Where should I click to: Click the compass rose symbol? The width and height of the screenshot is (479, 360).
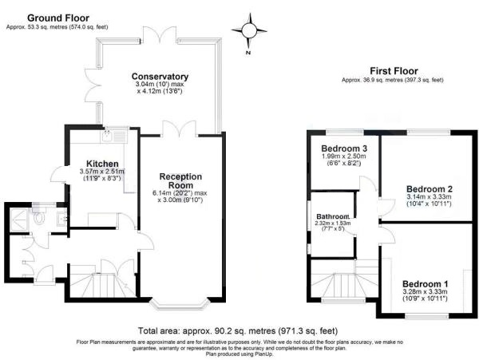249,30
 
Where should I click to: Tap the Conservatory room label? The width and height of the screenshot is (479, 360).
160,77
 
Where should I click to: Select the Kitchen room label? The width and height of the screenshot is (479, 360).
102,164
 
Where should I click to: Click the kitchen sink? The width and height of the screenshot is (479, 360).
114,135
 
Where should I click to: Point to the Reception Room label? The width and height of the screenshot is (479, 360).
180,180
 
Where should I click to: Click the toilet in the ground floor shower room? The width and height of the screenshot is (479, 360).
39,216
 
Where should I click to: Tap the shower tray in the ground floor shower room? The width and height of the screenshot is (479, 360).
19,220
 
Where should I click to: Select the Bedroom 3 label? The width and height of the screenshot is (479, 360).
344,148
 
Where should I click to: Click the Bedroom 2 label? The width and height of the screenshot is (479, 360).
430,189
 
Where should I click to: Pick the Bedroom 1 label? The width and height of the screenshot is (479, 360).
425,283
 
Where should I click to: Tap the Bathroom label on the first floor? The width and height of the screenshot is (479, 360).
333,216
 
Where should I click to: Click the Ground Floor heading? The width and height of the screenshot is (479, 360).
58,18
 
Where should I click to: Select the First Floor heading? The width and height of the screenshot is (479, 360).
394,71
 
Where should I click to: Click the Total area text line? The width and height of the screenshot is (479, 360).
238,330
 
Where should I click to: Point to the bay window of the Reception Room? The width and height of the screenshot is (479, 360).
180,304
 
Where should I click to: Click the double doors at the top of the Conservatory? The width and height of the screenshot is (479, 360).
160,34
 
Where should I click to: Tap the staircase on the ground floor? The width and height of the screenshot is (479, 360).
103,281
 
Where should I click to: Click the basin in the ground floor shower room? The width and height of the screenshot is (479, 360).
62,219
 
